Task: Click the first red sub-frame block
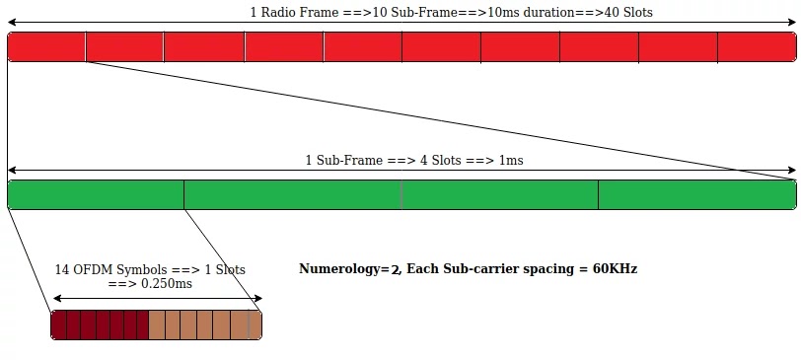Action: pos(46,47)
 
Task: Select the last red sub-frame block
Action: pos(757,47)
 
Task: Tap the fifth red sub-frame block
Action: pos(363,47)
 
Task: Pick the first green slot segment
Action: pos(96,195)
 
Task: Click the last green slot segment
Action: pos(696,195)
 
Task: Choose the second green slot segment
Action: pos(293,195)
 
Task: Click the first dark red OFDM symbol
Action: pos(58,325)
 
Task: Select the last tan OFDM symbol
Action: pos(255,325)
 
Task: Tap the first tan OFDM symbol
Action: pos(157,325)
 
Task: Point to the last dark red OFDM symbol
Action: pos(142,325)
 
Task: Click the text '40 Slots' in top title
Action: pos(624,13)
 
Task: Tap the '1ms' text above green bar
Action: pos(511,160)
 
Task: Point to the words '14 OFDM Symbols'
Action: pos(108,269)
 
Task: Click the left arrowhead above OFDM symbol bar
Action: pos(55,298)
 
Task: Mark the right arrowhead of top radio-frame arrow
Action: pos(792,23)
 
